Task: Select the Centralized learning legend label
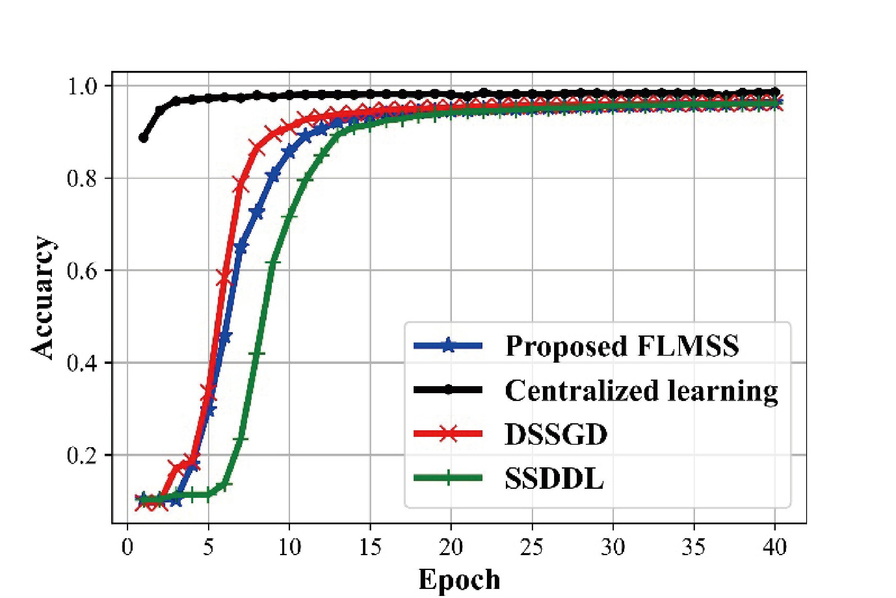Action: pyautogui.click(x=641, y=390)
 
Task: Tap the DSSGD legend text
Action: pyautogui.click(x=556, y=434)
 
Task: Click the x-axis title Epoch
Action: pyautogui.click(x=459, y=579)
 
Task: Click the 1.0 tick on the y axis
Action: pyautogui.click(x=82, y=87)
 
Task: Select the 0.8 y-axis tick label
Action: pyautogui.click(x=82, y=179)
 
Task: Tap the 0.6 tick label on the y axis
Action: pyautogui.click(x=82, y=271)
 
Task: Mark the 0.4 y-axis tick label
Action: pyautogui.click(x=82, y=363)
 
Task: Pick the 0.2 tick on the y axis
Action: pyautogui.click(x=82, y=456)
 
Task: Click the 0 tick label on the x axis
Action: pyautogui.click(x=127, y=547)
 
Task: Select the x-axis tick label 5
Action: pyautogui.click(x=208, y=547)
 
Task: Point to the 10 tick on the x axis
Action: pyautogui.click(x=290, y=547)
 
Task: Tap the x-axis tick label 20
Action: pyautogui.click(x=451, y=547)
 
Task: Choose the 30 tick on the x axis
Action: pyautogui.click(x=613, y=547)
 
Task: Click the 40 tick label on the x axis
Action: pyautogui.click(x=775, y=547)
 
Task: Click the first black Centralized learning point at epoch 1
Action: pyautogui.click(x=143, y=138)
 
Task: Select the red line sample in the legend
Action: pyautogui.click(x=448, y=434)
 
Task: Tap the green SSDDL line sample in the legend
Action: pyautogui.click(x=448, y=478)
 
